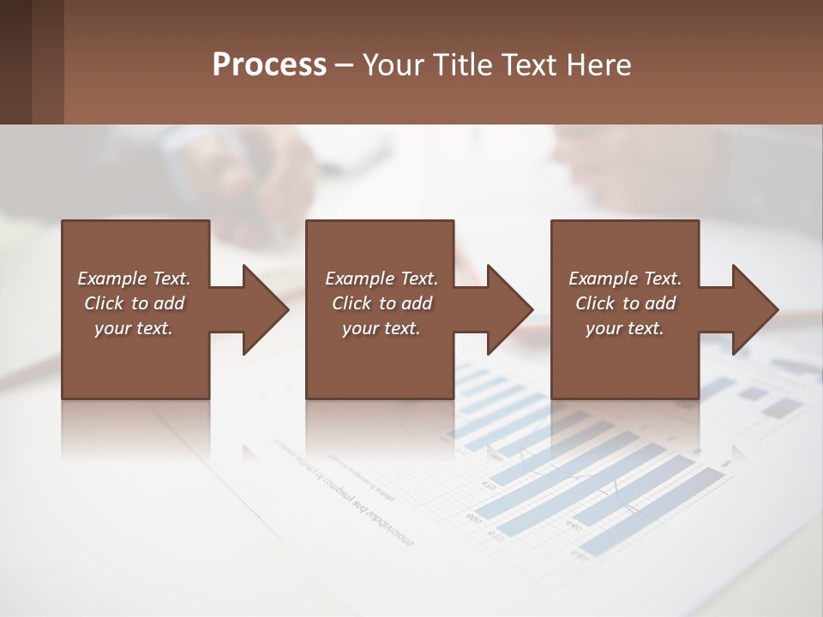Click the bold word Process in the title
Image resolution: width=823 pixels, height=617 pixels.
coord(269,65)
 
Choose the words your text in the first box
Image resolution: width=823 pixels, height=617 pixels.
coord(134,328)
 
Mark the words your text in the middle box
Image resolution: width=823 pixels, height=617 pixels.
coord(381,328)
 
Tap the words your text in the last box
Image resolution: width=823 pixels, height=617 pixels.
coord(625,328)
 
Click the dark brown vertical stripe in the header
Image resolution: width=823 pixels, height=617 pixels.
coord(15,62)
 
